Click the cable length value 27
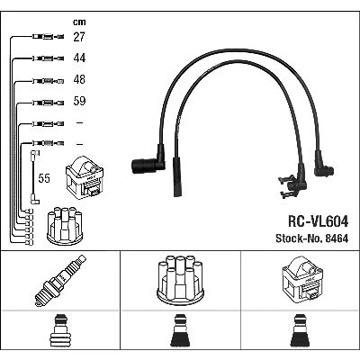79,37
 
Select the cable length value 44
79,58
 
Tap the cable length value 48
79,79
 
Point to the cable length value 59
79,101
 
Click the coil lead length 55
44,178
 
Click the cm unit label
79,22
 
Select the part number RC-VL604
318,221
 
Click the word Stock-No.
300,238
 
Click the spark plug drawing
60,281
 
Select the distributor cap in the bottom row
180,280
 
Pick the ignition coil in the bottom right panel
302,278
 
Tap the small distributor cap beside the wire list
65,226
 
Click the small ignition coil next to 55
85,176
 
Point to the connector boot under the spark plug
60,332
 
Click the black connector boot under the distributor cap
180,332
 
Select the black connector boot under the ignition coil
301,332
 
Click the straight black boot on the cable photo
177,176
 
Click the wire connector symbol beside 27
48,37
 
